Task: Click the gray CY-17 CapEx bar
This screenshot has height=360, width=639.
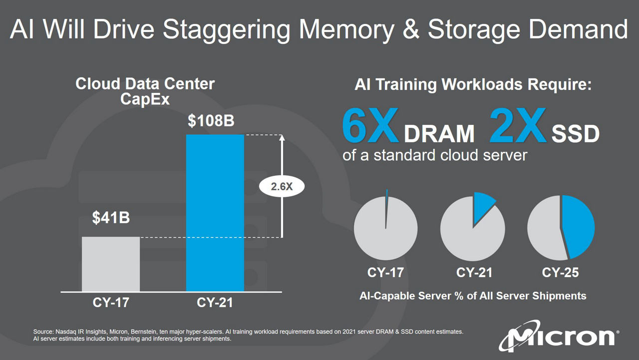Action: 111,264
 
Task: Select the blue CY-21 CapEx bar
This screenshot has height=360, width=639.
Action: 215,213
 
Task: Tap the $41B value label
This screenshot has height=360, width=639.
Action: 111,218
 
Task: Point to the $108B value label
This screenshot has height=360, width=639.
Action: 211,121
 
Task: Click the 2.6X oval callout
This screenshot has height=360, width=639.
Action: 282,187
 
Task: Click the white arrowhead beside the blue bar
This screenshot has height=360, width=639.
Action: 282,138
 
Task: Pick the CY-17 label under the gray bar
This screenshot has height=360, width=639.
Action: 111,303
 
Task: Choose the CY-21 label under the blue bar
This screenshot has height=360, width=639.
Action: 215,303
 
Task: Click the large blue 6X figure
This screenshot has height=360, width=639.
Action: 370,125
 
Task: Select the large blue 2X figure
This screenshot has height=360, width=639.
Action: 518,125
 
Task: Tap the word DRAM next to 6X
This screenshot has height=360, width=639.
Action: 439,133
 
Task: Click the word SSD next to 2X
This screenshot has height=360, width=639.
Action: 576,133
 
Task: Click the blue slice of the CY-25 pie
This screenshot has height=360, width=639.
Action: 578,227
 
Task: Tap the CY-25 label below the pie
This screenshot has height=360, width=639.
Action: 560,273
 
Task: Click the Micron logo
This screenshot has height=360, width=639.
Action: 559,336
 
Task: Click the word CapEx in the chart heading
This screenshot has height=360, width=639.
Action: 145,99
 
